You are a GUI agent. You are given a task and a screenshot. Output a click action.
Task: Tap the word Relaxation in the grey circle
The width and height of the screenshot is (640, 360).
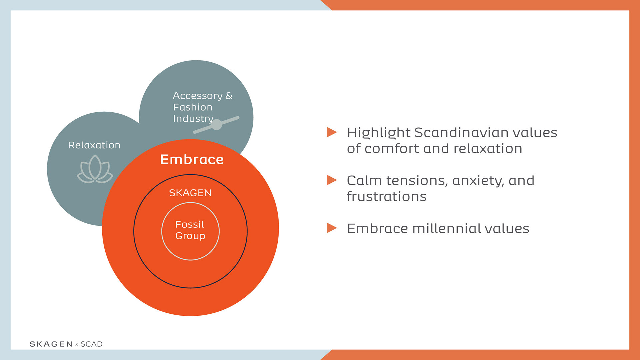coord(94,145)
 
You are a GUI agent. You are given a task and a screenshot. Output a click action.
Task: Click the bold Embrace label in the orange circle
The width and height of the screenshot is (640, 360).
coord(192,159)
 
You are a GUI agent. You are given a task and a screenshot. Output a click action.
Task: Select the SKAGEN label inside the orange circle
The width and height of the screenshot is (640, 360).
coord(190,193)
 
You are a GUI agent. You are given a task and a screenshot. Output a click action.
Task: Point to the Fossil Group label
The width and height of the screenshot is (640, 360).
coord(190,230)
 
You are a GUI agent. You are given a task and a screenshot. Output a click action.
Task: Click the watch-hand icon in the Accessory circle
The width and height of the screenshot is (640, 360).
coord(217,125)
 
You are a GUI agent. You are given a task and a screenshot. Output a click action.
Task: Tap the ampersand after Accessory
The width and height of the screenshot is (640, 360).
coord(229,96)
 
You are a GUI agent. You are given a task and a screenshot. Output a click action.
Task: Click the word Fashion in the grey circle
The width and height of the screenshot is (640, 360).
coord(193,107)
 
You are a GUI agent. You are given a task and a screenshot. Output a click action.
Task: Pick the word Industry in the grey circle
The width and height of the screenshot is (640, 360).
coord(193,119)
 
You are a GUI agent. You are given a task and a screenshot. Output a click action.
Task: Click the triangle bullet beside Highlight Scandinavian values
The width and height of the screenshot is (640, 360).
coord(332,132)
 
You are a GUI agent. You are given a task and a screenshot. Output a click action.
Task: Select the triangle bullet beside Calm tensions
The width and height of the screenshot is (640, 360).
coord(332,180)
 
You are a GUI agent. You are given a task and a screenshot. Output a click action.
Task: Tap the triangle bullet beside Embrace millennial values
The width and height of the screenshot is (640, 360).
coord(332,228)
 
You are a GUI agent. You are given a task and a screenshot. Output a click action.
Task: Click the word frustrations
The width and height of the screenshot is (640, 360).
coord(387,197)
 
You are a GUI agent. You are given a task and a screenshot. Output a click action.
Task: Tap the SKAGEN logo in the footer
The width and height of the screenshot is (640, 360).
coord(51,344)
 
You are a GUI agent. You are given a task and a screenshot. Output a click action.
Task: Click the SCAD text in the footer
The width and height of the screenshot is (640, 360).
coord(92,344)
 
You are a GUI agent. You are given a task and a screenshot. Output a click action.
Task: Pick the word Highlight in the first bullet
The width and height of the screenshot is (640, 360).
coord(379,133)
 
